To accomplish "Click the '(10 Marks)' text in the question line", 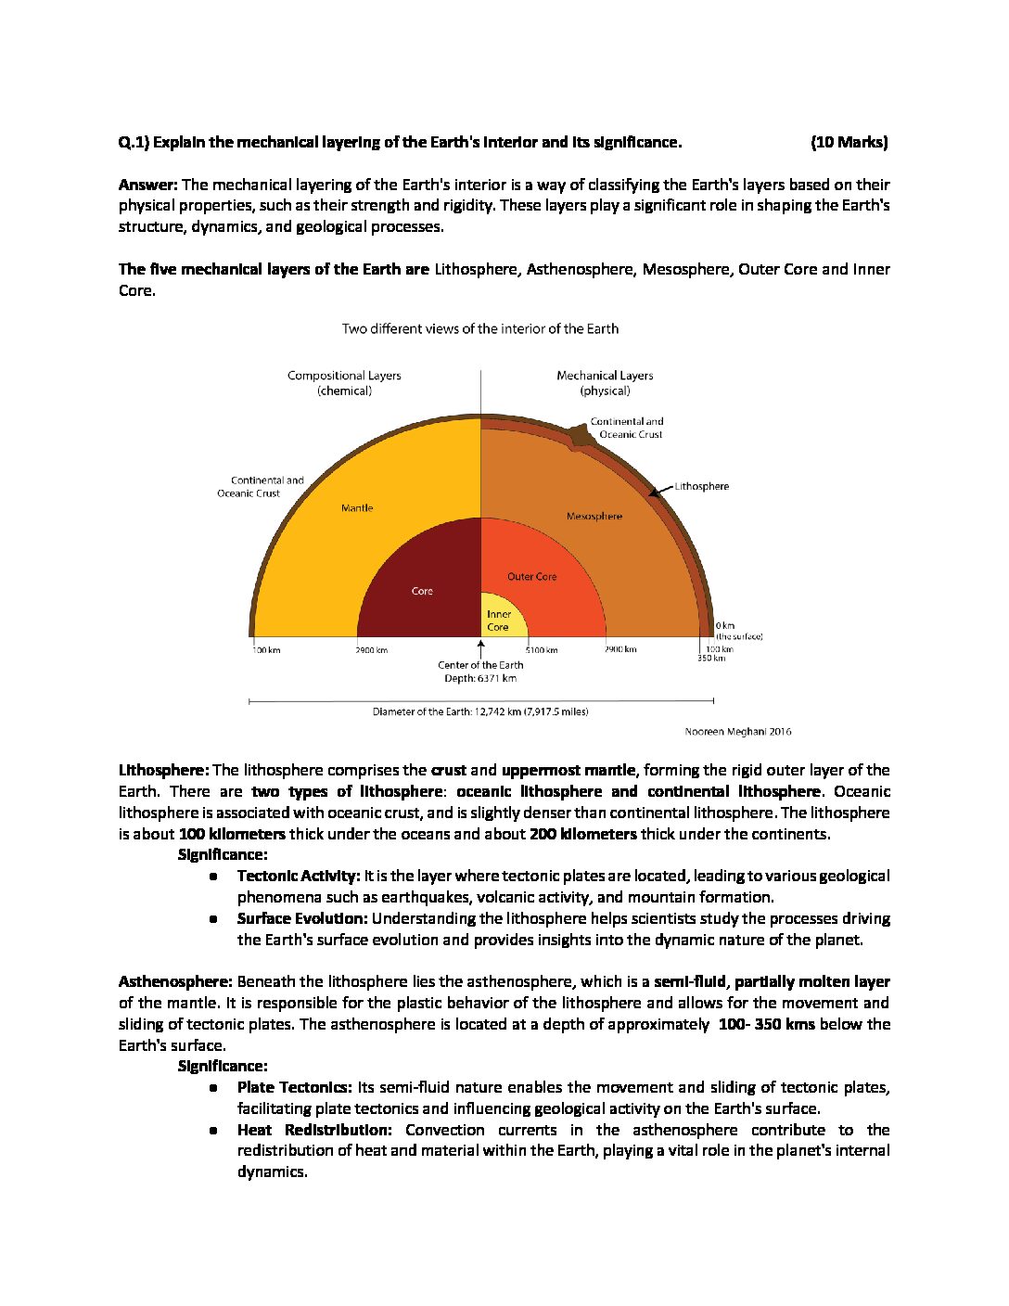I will coord(849,142).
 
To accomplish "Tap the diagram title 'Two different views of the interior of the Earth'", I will coord(479,328).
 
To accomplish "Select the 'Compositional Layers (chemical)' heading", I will coord(344,383).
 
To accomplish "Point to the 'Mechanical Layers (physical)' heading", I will coord(605,383).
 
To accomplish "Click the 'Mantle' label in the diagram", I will coord(357,507).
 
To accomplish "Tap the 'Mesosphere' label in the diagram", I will coord(594,516).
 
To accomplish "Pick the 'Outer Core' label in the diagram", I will coord(532,576).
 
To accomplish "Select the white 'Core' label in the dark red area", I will coord(422,591).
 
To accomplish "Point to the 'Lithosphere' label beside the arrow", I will coord(702,486).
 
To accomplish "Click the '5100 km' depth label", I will coord(542,650).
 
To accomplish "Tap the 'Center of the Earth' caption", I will coord(480,665).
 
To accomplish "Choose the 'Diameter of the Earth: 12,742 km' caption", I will coord(480,711).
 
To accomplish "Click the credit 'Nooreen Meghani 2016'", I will coord(738,732).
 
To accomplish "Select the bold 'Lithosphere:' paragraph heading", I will coord(164,770).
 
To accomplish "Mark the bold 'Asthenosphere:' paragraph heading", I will coord(175,981).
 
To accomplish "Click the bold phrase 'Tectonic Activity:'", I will coord(299,876).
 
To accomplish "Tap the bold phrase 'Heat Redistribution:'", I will coord(314,1130).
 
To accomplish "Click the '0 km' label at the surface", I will coord(725,626).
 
